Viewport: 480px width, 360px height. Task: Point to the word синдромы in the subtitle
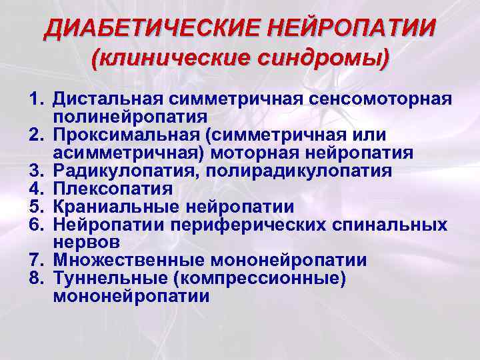326,61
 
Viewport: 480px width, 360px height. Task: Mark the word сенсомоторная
379,100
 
